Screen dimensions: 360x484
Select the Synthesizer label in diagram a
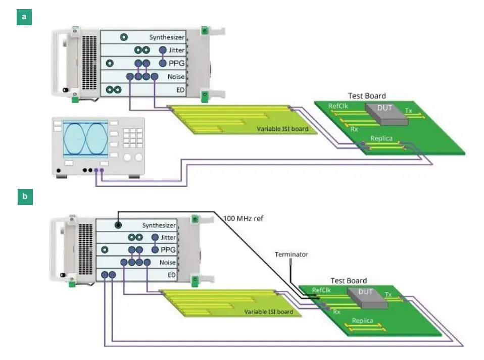pos(167,37)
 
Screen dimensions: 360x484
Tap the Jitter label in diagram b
pos(168,237)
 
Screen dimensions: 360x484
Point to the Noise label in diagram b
pos(168,263)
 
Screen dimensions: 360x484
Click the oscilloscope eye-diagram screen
pos(85,137)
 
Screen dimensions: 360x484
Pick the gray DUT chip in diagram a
pos(386,114)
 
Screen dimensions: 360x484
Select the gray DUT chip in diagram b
pos(366,296)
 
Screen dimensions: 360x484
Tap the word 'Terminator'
pos(291,254)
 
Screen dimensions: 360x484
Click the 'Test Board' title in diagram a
pos(367,95)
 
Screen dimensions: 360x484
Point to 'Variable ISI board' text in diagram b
pos(268,312)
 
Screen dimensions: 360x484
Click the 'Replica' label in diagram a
pos(382,138)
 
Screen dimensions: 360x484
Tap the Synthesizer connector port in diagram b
pos(118,225)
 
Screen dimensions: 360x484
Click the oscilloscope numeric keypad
pos(133,136)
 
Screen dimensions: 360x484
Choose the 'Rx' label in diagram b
pos(336,312)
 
